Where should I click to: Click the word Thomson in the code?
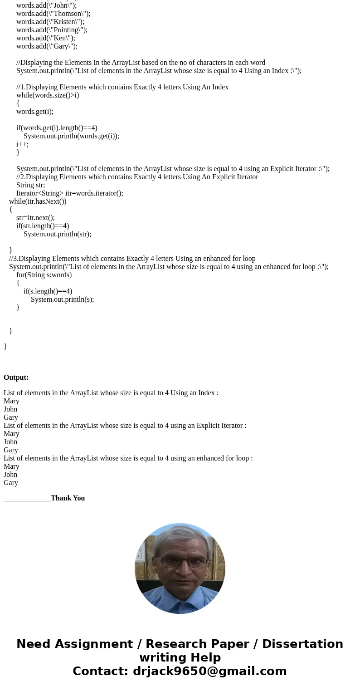(x=68, y=14)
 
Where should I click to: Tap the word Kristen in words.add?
(x=65, y=22)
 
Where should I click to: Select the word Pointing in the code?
(x=67, y=30)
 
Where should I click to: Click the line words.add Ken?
(x=45, y=38)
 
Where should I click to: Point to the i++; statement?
(x=22, y=144)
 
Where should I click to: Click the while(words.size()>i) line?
(x=48, y=95)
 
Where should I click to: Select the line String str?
(x=30, y=185)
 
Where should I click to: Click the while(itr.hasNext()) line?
(x=38, y=201)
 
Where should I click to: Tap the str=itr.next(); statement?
(x=35, y=218)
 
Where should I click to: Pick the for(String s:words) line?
(x=44, y=275)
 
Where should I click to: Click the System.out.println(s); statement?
(x=62, y=299)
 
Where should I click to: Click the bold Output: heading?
(x=16, y=377)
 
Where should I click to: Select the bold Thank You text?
(x=68, y=498)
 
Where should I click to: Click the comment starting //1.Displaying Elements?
(x=122, y=87)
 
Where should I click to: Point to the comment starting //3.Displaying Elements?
(x=132, y=259)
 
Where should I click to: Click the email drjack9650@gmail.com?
(x=209, y=671)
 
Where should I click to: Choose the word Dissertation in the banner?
(x=302, y=644)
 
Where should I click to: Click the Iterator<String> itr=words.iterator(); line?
(x=70, y=193)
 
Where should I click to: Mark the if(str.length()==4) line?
(x=43, y=226)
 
